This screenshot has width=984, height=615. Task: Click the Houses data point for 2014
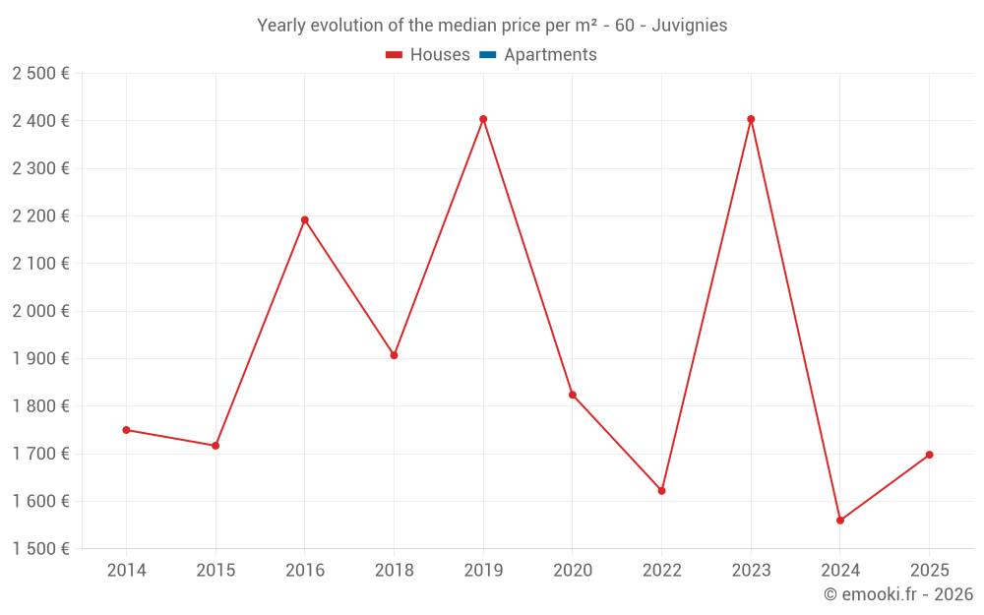(126, 430)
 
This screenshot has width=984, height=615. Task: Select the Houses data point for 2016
(305, 219)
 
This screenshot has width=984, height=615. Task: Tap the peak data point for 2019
(483, 119)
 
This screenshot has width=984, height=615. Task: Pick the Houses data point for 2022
(661, 491)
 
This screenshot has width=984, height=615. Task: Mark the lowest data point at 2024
(840, 521)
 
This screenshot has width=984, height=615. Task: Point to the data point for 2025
(929, 455)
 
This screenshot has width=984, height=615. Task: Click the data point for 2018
(394, 355)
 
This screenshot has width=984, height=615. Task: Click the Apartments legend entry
(550, 55)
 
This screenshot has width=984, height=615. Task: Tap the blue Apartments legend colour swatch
(487, 55)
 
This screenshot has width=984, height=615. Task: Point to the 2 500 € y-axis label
(40, 74)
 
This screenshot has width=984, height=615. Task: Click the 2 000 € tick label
(40, 311)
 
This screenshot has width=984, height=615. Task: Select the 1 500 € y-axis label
(40, 549)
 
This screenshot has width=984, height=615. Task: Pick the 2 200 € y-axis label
(40, 216)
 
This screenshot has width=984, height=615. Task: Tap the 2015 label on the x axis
(215, 571)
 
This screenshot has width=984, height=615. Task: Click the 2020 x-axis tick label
(573, 571)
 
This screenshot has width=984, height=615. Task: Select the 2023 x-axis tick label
(751, 571)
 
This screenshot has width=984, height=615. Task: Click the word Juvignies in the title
(689, 26)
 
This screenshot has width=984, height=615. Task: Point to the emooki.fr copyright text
(898, 594)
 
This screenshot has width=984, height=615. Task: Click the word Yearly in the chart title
(281, 26)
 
